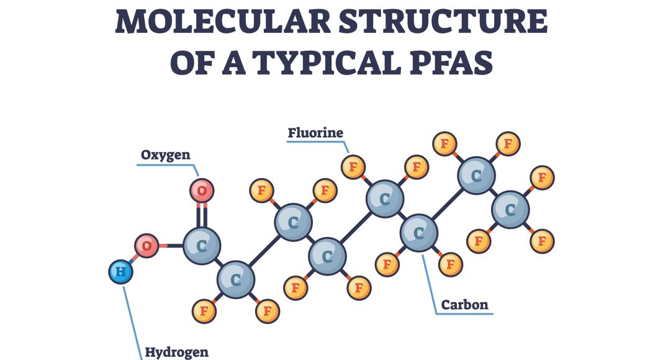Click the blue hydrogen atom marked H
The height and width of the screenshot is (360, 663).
click(x=120, y=272)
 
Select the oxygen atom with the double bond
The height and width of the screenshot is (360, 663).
click(x=202, y=190)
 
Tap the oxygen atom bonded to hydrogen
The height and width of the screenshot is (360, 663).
click(x=147, y=246)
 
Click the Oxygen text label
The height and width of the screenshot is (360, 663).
click(x=165, y=155)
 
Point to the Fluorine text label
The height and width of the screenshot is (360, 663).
click(x=315, y=133)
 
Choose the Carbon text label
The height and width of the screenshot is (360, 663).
click(x=464, y=305)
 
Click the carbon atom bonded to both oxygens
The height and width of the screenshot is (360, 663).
click(x=201, y=246)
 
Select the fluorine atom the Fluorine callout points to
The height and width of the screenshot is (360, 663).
click(x=353, y=167)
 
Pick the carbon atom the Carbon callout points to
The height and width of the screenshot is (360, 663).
click(x=418, y=233)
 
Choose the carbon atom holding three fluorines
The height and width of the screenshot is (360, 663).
click(x=510, y=210)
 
